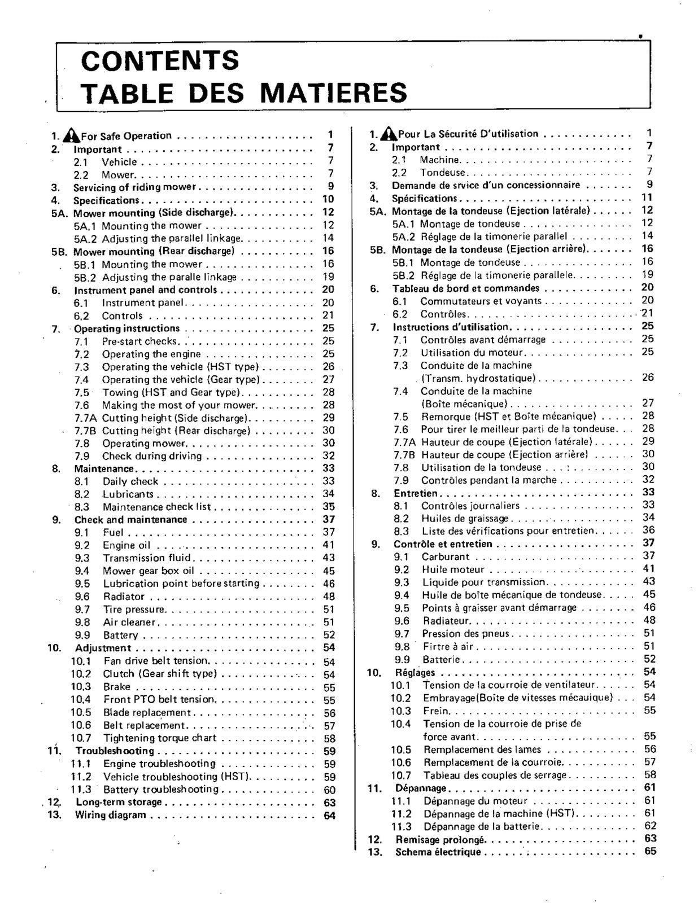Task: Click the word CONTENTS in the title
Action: [x=160, y=61]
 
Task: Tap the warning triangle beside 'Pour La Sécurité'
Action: [x=390, y=134]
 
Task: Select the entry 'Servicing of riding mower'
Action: [x=134, y=187]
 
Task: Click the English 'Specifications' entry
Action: [x=106, y=200]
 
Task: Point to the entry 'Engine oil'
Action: [x=126, y=545]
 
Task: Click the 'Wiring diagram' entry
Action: [x=111, y=815]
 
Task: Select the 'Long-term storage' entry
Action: [x=119, y=802]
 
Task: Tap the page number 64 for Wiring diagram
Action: [x=329, y=816]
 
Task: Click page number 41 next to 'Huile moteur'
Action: [x=649, y=569]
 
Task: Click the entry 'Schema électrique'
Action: [x=438, y=852]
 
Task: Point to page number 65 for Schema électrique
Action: [x=650, y=851]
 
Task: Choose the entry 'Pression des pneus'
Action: [x=465, y=634]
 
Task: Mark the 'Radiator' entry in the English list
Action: [x=124, y=597]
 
